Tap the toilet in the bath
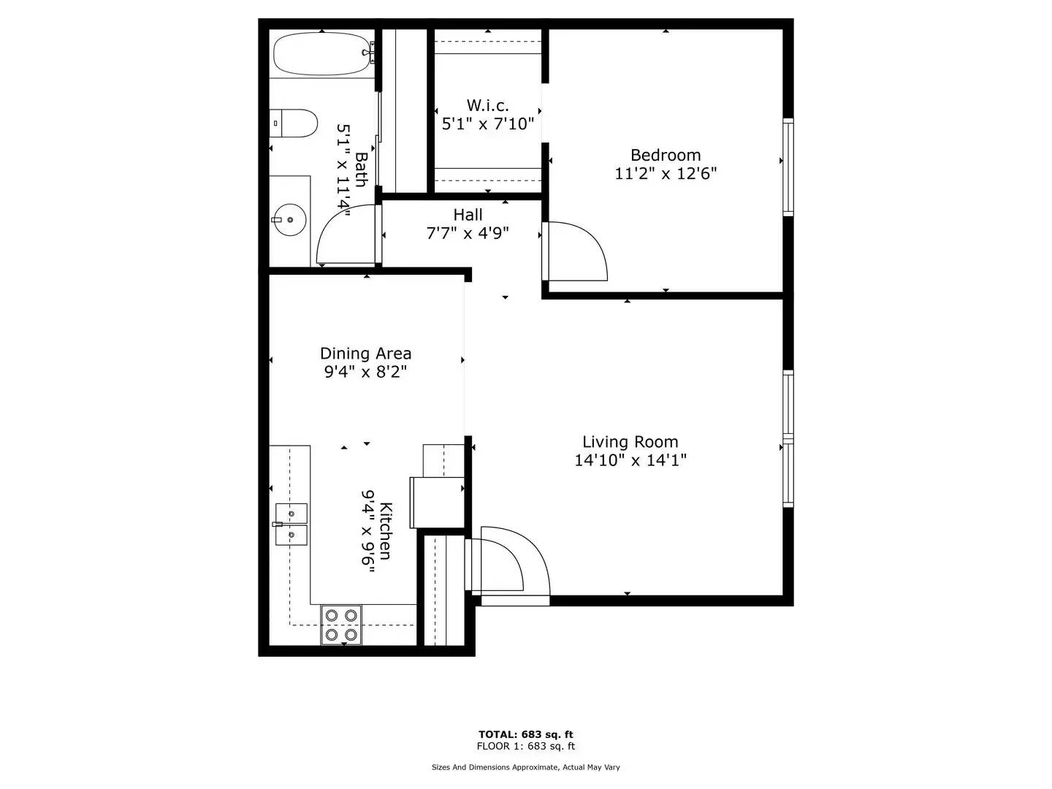pos(294,123)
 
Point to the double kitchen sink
pos(291,525)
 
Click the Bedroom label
pos(666,155)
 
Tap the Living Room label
pos(630,442)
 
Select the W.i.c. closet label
pos(487,105)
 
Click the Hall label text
pos(468,215)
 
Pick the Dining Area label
pos(365,354)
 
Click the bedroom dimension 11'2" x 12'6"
pos(666,174)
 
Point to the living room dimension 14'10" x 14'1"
pos(630,460)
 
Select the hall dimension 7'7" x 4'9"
pos(468,234)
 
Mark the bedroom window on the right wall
pos(788,167)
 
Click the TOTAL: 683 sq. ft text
pos(526,734)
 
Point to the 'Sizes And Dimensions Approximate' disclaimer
pos(526,767)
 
